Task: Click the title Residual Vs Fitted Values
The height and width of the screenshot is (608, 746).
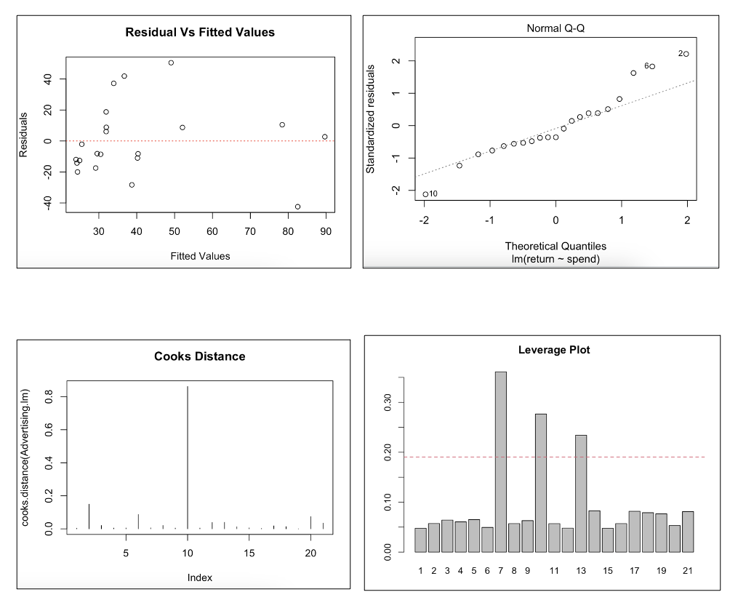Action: pos(200,32)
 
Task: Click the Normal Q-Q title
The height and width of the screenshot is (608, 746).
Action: pos(555,28)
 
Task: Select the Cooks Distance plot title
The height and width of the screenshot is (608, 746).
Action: pos(199,356)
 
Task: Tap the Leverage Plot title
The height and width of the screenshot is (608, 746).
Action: pos(554,350)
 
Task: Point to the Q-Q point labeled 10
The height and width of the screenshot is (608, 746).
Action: pos(425,194)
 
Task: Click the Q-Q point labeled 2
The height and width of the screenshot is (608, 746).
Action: pos(686,54)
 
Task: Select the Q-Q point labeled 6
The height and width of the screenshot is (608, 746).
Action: pos(652,66)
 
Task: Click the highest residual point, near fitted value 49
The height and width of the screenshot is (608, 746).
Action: pos(171,63)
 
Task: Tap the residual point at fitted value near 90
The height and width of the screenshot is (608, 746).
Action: pos(324,137)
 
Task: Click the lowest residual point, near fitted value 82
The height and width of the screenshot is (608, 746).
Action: pos(297,207)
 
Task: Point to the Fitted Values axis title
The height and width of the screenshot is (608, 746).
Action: pos(200,256)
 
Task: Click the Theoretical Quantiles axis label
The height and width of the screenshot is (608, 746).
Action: pos(556,247)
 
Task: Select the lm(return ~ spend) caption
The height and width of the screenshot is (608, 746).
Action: pos(556,259)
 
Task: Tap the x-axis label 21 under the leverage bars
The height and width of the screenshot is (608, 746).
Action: pos(687,571)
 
